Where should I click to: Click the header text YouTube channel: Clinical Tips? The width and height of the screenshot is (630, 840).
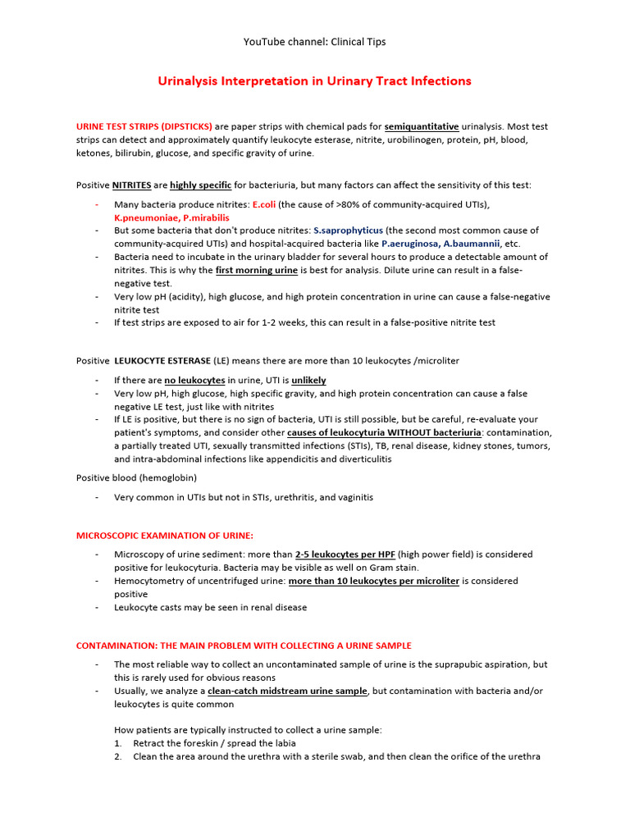(x=315, y=42)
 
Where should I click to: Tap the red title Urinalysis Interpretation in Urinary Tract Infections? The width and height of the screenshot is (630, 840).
(x=314, y=81)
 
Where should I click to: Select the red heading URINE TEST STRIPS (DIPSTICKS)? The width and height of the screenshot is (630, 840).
(x=144, y=126)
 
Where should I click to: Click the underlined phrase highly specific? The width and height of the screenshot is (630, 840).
(x=200, y=185)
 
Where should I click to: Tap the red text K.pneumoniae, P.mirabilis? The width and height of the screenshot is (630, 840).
(x=171, y=217)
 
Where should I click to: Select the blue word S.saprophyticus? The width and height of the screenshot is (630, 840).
(x=348, y=231)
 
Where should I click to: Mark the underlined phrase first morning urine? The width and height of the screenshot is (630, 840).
(x=257, y=270)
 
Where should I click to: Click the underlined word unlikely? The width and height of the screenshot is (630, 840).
(x=308, y=380)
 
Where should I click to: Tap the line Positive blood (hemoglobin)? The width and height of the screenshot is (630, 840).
(x=136, y=477)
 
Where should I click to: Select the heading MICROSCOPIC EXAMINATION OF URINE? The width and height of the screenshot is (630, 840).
(x=165, y=535)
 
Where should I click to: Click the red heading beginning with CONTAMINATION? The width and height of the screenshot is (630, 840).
(x=244, y=646)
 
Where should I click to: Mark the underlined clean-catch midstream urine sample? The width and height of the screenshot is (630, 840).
(x=287, y=691)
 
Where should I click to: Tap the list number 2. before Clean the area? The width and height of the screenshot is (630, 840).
(x=118, y=756)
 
